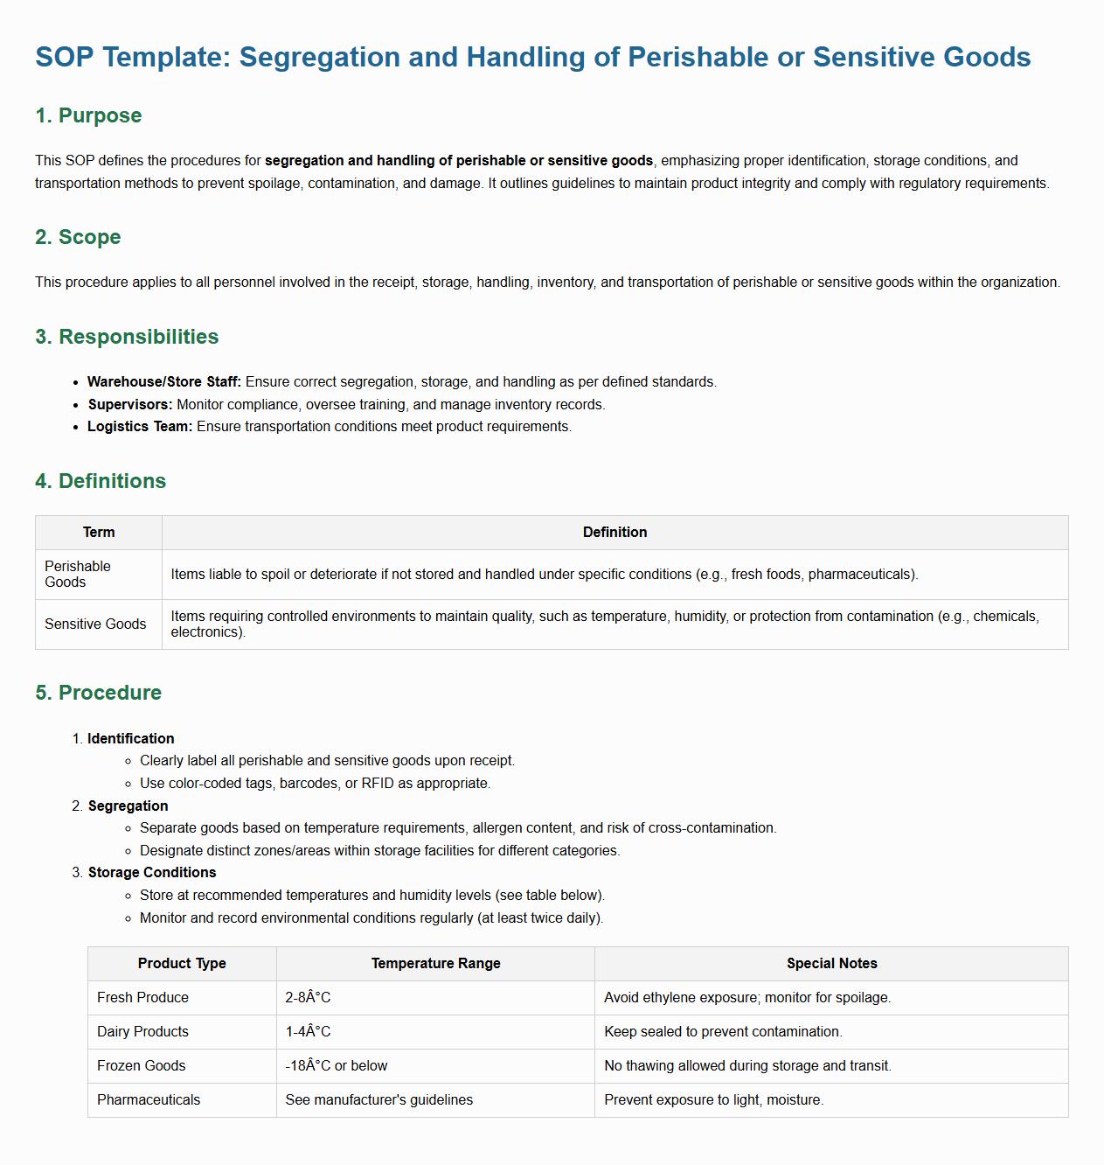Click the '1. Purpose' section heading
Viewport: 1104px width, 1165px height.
(x=88, y=115)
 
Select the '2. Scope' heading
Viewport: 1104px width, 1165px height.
(x=78, y=237)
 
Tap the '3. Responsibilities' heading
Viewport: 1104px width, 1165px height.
(x=127, y=337)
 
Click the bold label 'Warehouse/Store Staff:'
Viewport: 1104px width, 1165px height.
(x=164, y=382)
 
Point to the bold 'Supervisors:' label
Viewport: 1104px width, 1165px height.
(x=130, y=405)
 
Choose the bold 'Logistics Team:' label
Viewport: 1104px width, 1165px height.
(x=140, y=427)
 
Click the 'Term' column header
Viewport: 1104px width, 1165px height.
(x=99, y=533)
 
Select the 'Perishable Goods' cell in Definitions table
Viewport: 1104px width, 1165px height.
(x=78, y=575)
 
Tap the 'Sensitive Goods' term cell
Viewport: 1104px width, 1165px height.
(x=95, y=624)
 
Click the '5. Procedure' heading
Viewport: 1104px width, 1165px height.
(x=98, y=693)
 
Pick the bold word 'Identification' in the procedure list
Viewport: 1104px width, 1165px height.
(x=131, y=739)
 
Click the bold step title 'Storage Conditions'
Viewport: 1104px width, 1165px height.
(x=152, y=873)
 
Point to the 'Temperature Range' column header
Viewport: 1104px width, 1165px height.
(x=435, y=964)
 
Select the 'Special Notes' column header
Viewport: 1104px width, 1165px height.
(x=831, y=964)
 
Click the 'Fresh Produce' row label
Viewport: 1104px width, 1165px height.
(x=142, y=998)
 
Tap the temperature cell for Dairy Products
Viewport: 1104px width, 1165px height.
(x=309, y=1032)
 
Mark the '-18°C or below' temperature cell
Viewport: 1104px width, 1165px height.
(x=337, y=1066)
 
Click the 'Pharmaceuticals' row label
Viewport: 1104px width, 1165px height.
(x=149, y=1100)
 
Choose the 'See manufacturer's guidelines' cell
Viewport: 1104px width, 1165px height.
(x=379, y=1100)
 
